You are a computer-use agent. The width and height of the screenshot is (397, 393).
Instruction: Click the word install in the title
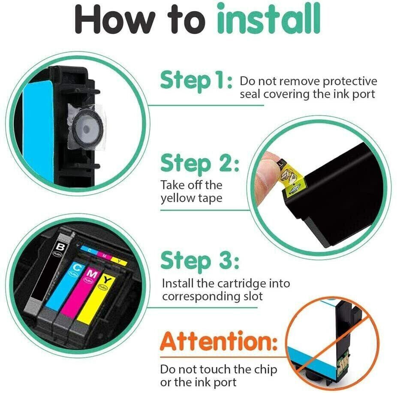[x=269, y=18]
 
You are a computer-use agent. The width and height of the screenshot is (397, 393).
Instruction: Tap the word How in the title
[x=114, y=19]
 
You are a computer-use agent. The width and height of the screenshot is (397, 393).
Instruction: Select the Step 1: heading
[x=196, y=81]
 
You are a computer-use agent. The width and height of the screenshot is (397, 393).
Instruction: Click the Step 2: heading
[x=200, y=165]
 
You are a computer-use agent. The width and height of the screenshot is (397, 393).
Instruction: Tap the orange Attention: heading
[x=219, y=342]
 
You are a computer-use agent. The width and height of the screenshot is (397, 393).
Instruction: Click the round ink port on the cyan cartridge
[x=87, y=129]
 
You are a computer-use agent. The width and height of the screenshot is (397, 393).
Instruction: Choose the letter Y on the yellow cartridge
[x=108, y=280]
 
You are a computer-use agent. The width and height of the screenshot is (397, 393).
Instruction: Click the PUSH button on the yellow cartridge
[x=103, y=287]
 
